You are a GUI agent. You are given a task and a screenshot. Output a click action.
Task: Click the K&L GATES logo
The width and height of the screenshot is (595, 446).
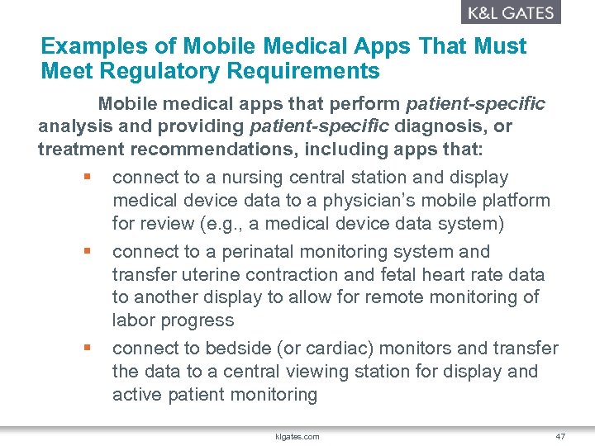coord(510,12)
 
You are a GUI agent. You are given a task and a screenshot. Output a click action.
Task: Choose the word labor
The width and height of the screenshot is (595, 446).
coord(133,320)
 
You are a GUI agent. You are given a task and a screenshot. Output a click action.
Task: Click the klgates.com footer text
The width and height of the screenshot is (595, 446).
coord(298,436)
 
